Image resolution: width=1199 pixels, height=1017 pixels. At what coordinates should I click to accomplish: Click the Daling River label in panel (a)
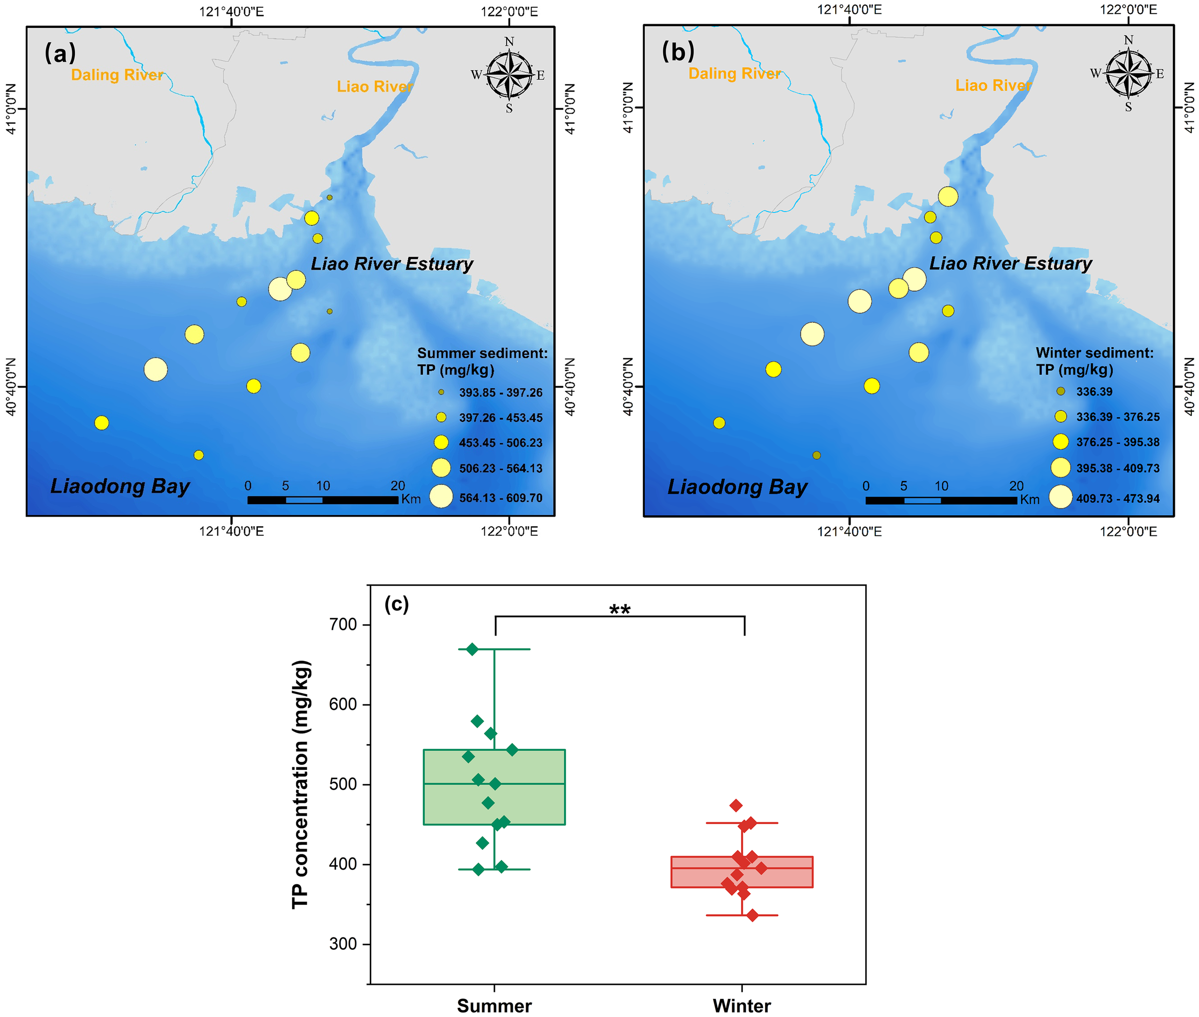pos(117,75)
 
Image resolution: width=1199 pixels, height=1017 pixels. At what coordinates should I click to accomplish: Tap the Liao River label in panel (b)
pos(993,85)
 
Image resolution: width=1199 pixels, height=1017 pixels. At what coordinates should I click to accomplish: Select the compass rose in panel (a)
pos(509,74)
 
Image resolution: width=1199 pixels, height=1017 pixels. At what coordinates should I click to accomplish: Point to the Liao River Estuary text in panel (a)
pos(392,263)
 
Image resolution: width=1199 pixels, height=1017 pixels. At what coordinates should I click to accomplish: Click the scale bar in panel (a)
pos(323,499)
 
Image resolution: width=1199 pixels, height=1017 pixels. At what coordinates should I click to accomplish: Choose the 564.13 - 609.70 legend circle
pos(441,497)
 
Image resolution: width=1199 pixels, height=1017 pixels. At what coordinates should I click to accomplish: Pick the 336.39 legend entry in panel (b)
pos(1093,391)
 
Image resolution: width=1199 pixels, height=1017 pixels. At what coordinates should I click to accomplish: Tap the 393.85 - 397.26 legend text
pos(500,392)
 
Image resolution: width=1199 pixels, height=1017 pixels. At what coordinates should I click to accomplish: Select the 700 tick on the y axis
pos(343,625)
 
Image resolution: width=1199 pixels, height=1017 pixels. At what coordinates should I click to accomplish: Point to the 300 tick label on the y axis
pos(343,944)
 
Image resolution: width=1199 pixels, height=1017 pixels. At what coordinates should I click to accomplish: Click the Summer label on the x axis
pos(494,1006)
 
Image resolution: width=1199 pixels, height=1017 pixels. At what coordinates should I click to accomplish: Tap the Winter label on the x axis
pos(741,1006)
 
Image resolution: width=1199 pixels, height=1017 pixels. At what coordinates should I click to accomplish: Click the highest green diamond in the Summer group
pos(472,649)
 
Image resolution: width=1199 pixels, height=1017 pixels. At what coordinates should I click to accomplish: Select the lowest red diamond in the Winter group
pos(752,915)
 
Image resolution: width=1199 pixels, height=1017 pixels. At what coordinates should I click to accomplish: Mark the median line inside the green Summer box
pos(494,783)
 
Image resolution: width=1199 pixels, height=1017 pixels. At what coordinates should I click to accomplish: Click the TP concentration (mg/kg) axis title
pos(301,784)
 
